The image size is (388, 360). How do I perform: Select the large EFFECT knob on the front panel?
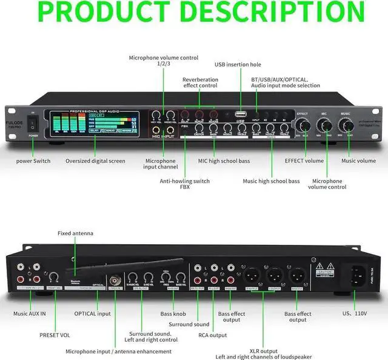(302, 125)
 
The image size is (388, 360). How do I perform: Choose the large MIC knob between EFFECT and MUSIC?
(324, 125)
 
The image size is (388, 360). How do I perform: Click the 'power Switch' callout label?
(33, 161)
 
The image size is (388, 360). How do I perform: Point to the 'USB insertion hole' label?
(238, 64)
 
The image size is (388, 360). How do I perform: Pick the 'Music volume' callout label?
(358, 161)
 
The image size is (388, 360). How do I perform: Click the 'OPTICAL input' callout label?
(93, 313)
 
